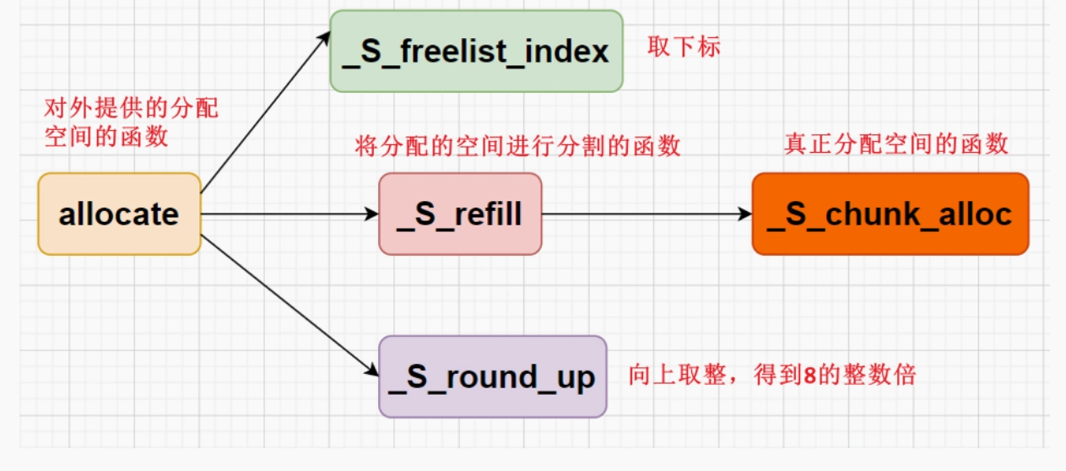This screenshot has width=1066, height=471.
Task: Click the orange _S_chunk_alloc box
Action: [x=890, y=214]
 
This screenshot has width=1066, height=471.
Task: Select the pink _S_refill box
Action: [x=460, y=214]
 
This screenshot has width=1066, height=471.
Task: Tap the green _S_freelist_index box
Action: [x=476, y=51]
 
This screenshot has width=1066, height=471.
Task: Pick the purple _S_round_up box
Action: [x=493, y=376]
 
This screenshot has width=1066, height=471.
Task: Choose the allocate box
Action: [x=120, y=214]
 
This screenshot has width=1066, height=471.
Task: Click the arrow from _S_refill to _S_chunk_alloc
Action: [x=647, y=214]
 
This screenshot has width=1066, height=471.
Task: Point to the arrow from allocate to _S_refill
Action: [x=289, y=214]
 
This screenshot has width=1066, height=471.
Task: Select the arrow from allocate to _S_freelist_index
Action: [x=266, y=112]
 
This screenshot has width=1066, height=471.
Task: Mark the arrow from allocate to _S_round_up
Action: [x=289, y=306]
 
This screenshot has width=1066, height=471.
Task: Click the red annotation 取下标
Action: [x=684, y=47]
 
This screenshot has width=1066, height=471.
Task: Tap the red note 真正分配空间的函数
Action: [x=896, y=143]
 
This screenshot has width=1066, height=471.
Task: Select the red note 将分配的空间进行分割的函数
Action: [x=517, y=145]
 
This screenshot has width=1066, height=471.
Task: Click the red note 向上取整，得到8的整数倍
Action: [x=772, y=375]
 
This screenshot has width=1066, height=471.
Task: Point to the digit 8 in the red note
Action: [x=810, y=376]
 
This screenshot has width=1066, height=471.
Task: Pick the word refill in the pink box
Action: [x=488, y=214]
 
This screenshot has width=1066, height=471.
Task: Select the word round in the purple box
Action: [x=492, y=376]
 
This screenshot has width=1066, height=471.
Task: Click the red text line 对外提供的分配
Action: [x=132, y=108]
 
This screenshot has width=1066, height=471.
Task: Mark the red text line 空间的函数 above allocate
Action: [x=106, y=137]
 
